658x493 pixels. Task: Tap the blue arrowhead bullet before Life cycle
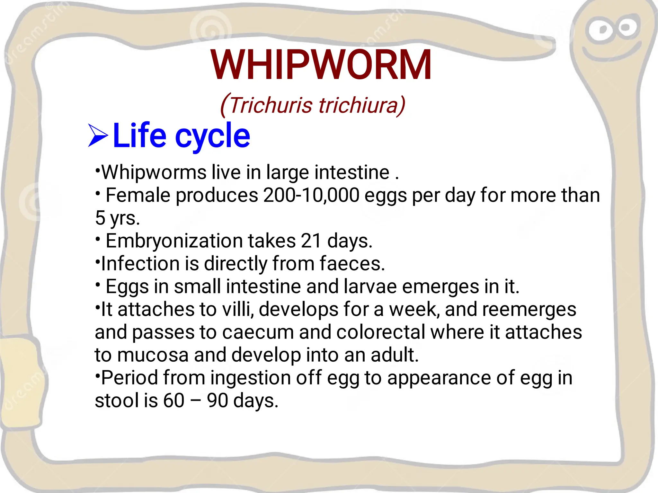click(x=98, y=136)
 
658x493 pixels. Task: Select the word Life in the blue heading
click(x=139, y=136)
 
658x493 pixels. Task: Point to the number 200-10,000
click(x=311, y=195)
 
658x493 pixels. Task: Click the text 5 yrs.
click(x=117, y=218)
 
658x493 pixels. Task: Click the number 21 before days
click(x=311, y=241)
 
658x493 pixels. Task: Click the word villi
click(x=238, y=309)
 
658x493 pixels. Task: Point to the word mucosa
click(x=153, y=355)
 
